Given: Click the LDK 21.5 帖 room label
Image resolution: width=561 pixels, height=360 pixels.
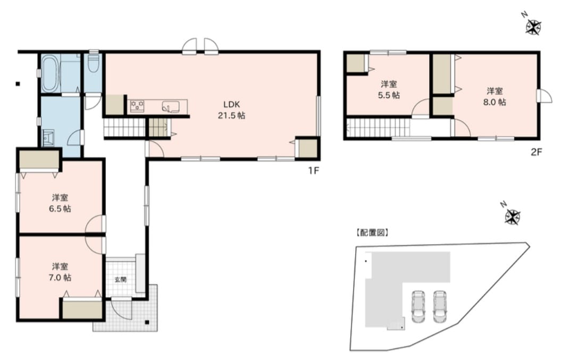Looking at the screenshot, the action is pyautogui.click(x=231, y=110).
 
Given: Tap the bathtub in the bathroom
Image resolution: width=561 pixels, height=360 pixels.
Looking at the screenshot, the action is pyautogui.click(x=49, y=74).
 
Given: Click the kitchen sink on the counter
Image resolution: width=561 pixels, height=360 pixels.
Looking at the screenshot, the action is pyautogui.click(x=171, y=107).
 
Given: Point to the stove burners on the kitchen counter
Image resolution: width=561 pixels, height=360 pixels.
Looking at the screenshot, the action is pyautogui.click(x=137, y=106).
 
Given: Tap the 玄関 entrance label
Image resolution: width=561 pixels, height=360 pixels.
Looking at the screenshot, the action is pyautogui.click(x=120, y=280).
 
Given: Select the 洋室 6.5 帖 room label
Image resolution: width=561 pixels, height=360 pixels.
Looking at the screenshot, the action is pyautogui.click(x=60, y=203).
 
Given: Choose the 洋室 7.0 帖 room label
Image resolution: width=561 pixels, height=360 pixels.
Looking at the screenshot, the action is pyautogui.click(x=60, y=272).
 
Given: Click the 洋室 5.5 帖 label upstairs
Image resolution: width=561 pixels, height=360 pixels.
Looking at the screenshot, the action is pyautogui.click(x=389, y=90).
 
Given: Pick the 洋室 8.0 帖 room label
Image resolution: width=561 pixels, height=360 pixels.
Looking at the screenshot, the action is pyautogui.click(x=495, y=97).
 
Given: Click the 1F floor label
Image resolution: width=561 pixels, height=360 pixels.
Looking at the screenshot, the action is pyautogui.click(x=313, y=171).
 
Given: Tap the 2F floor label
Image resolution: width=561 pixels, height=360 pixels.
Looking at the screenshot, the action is pyautogui.click(x=537, y=152).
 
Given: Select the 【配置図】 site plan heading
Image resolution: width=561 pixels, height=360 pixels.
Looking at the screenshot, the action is pyautogui.click(x=372, y=232).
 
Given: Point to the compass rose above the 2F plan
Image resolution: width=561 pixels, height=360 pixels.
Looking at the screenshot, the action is pyautogui.click(x=533, y=27).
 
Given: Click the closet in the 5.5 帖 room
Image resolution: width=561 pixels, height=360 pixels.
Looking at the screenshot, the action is pyautogui.click(x=355, y=63).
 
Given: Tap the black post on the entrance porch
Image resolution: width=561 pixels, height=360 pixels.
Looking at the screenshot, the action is pyautogui.click(x=147, y=322).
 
